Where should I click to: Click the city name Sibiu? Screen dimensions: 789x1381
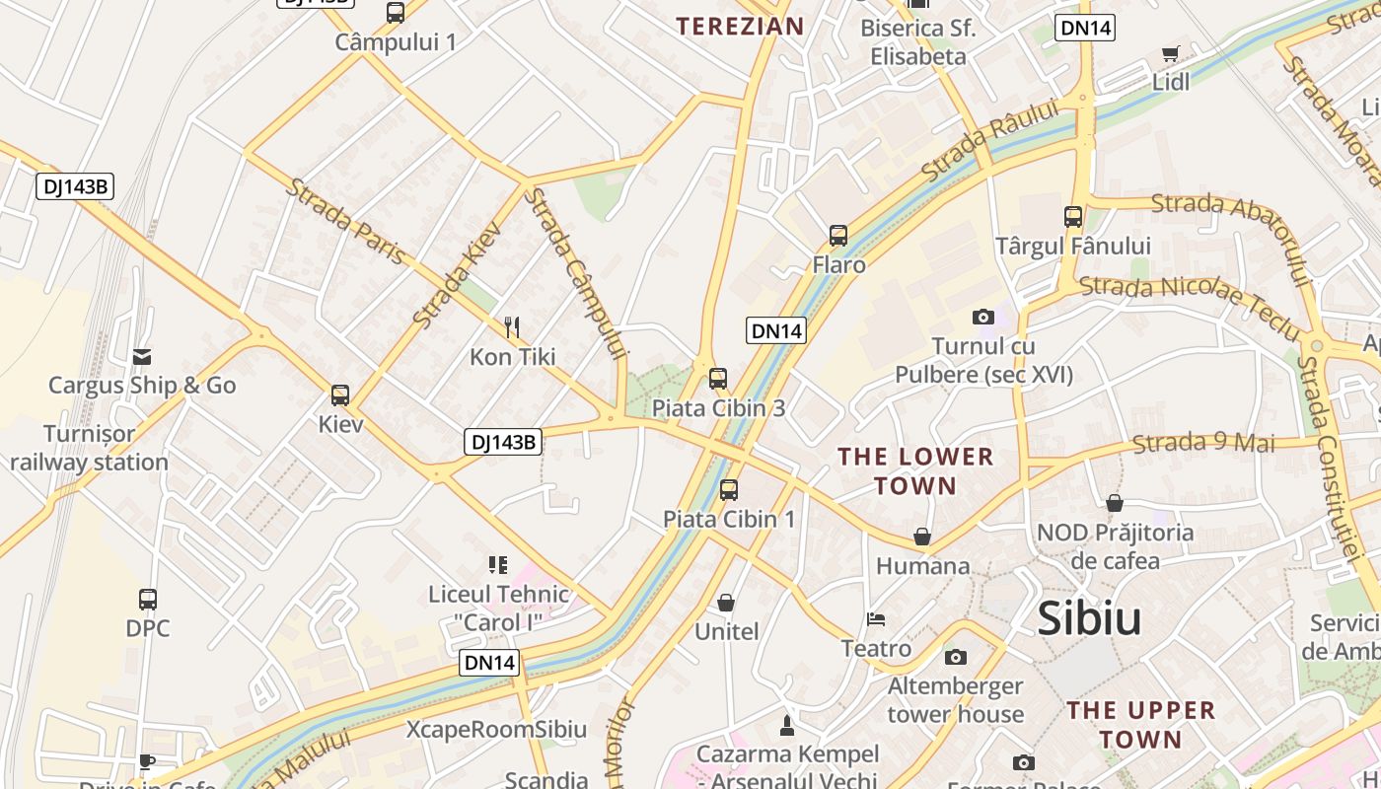[x=1089, y=618]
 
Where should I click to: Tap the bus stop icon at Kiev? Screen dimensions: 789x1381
[x=340, y=395]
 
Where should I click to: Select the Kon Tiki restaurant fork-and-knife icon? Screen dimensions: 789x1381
[x=512, y=326]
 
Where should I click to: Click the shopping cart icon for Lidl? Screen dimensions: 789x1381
[x=1171, y=53]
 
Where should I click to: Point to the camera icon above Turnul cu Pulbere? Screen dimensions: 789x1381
[x=982, y=317]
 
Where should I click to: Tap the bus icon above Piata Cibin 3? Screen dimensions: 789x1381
[x=718, y=378]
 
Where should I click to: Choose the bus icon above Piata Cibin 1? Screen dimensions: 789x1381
[x=729, y=489]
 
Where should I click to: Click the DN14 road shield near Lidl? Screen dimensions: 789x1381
[x=1085, y=28]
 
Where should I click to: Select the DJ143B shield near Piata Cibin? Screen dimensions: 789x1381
[x=503, y=442]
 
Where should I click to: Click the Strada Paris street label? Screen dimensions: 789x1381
[x=345, y=221]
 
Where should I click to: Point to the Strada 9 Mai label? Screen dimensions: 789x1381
[x=1202, y=443]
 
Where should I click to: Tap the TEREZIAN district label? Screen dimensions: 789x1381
[x=740, y=27]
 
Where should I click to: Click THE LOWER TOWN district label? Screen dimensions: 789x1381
[x=915, y=470]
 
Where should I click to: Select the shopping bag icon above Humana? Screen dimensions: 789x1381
[x=922, y=537]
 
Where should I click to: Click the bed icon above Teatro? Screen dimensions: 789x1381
[x=876, y=619]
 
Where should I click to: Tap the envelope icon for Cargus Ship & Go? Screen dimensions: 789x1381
[x=142, y=356]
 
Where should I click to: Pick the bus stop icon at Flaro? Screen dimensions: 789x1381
[x=838, y=235]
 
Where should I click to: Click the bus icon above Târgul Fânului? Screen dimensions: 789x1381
[x=1073, y=216]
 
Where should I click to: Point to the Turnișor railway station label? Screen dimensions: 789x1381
[x=90, y=448]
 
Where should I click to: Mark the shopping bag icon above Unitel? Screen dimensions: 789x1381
[x=726, y=603]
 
